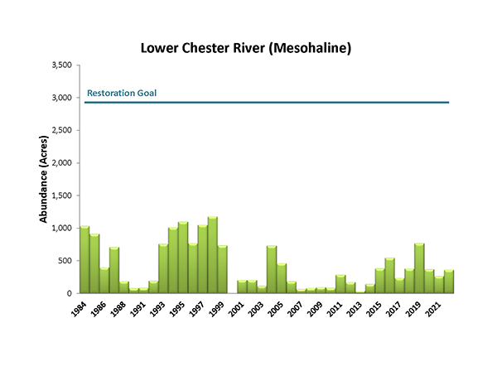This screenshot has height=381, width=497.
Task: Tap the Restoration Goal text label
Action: [121, 93]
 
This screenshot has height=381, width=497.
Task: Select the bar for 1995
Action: [183, 258]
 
